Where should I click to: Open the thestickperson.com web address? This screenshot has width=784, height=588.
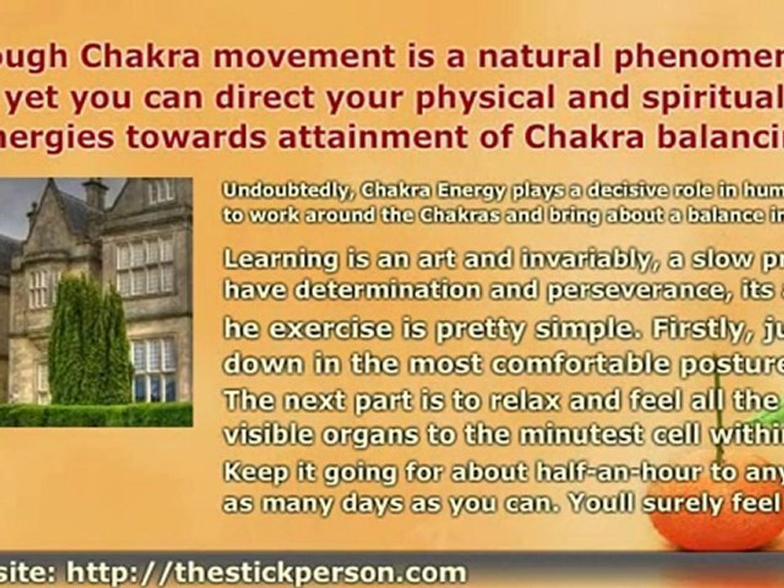point(265,572)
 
